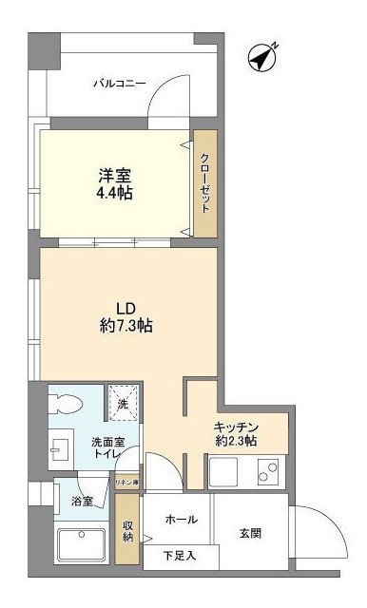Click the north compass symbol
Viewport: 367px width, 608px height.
261,58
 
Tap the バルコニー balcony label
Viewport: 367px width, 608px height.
119,84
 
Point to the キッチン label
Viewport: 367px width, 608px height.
234,427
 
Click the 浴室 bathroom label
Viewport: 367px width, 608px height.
82,501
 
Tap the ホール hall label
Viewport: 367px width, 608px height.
181,520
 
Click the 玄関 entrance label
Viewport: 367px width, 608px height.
250,533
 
